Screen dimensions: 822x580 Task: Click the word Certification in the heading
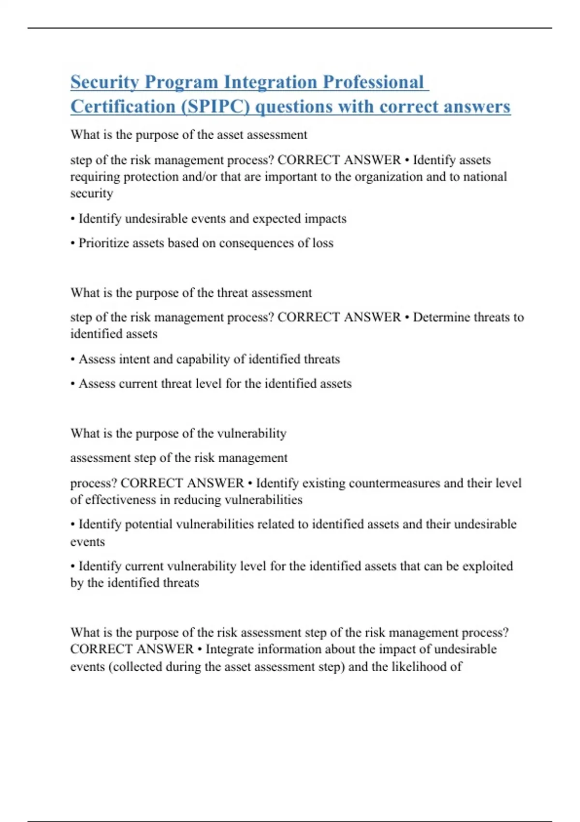point(123,106)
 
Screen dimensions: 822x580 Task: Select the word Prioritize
point(101,243)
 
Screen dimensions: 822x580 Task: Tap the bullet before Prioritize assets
point(72,243)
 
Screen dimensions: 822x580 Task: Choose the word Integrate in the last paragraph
point(229,649)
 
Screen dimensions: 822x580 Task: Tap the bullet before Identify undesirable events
point(72,219)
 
